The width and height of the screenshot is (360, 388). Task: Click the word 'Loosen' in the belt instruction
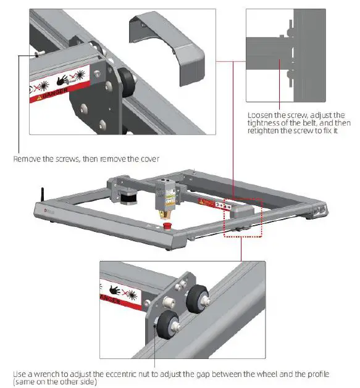click(x=259, y=115)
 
